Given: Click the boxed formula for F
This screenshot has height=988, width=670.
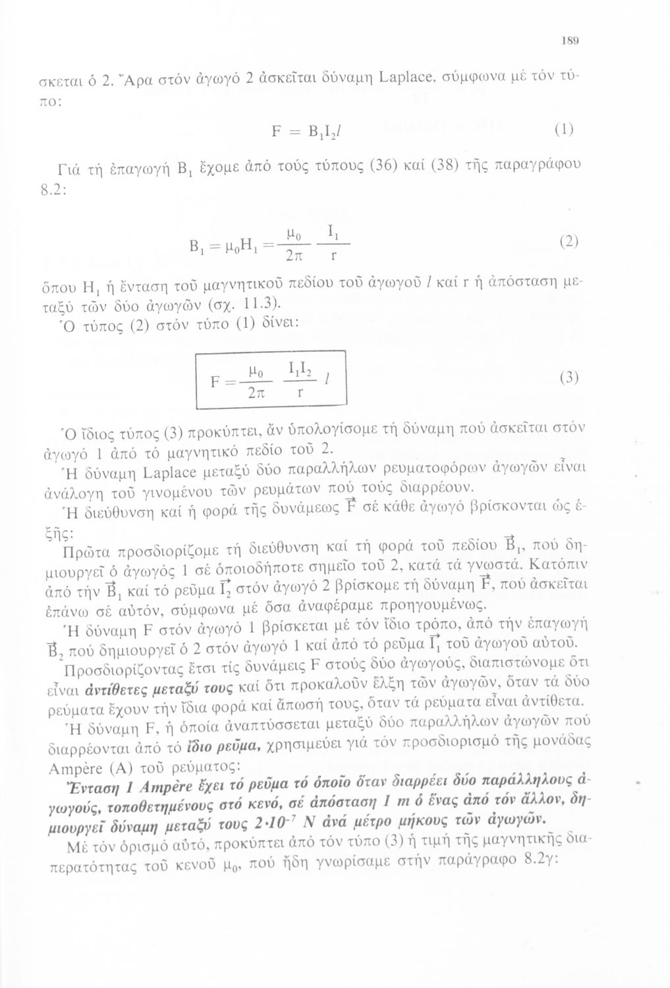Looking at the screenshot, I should [271, 380].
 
